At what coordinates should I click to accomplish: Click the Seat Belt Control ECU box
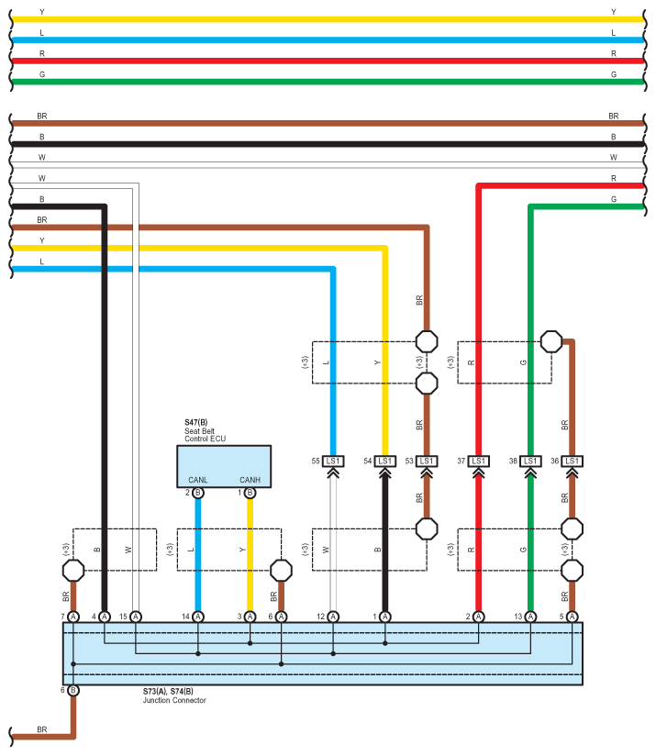point(224,467)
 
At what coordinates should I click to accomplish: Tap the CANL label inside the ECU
point(198,480)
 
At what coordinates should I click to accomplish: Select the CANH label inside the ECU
point(250,480)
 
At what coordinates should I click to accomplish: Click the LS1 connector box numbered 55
point(333,461)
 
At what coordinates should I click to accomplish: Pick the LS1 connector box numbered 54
point(384,461)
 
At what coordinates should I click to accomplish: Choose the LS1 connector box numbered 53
point(427,461)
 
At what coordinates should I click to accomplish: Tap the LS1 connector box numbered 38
point(529,461)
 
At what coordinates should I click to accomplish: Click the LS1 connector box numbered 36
point(572,461)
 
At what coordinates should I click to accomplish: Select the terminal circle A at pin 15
point(136,616)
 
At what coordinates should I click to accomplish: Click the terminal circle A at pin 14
point(198,616)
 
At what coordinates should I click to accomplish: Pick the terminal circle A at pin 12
point(333,616)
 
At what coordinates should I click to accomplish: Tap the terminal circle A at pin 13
point(529,616)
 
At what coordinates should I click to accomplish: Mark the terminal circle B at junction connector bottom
point(73,690)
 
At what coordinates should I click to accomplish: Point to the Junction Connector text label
point(174,700)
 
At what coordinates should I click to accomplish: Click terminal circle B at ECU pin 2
point(198,494)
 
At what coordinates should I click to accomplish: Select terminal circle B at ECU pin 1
point(250,494)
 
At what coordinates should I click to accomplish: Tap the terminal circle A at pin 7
point(73,616)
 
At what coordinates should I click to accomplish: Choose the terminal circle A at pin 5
point(573,616)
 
